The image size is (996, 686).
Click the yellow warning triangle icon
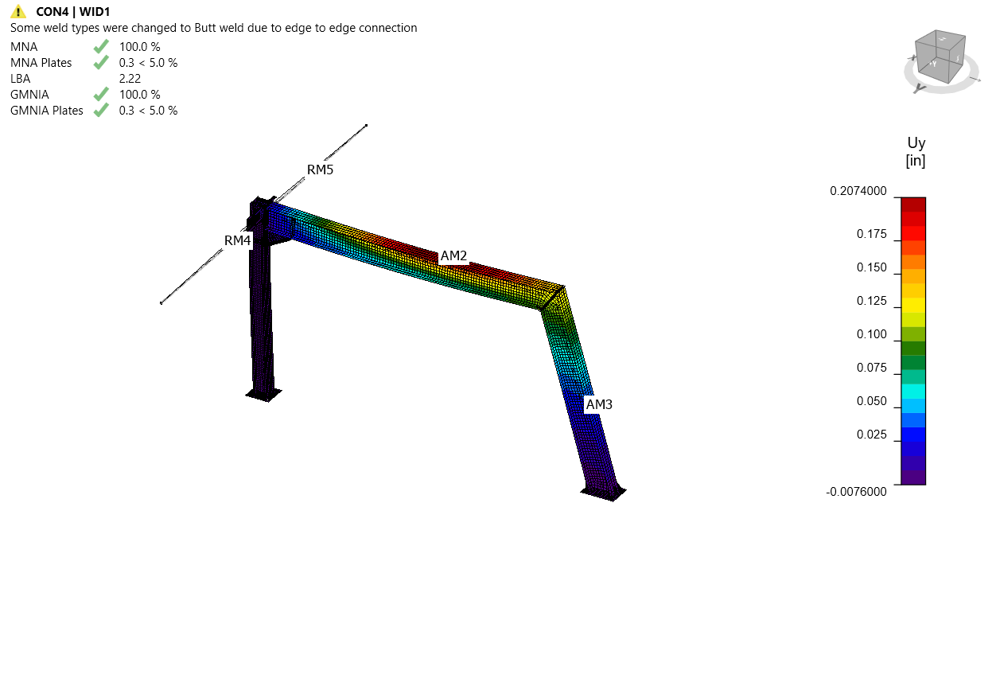(x=18, y=11)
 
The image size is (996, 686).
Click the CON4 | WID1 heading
(x=73, y=12)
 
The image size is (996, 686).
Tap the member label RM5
(x=320, y=170)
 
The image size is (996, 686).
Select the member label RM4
(x=237, y=240)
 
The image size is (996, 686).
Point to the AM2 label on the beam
(x=453, y=255)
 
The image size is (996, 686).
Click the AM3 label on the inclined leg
(x=599, y=404)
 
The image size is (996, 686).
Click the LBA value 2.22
(x=130, y=79)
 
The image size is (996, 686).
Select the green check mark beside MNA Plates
(x=101, y=62)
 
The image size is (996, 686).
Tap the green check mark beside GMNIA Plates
(x=101, y=110)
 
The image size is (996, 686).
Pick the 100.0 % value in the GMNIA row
(x=140, y=95)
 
